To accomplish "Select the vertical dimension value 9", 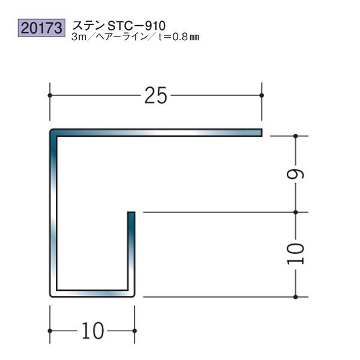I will (298, 174).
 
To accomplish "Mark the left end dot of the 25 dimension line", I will (49, 95).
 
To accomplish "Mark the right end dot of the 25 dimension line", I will (262, 95).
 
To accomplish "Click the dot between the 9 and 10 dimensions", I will (296, 212).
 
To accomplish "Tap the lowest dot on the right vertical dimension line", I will (296, 296).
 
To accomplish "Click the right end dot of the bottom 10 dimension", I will (134, 331).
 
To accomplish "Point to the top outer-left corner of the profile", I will (50, 129).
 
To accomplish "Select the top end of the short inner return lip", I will (131, 213).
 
